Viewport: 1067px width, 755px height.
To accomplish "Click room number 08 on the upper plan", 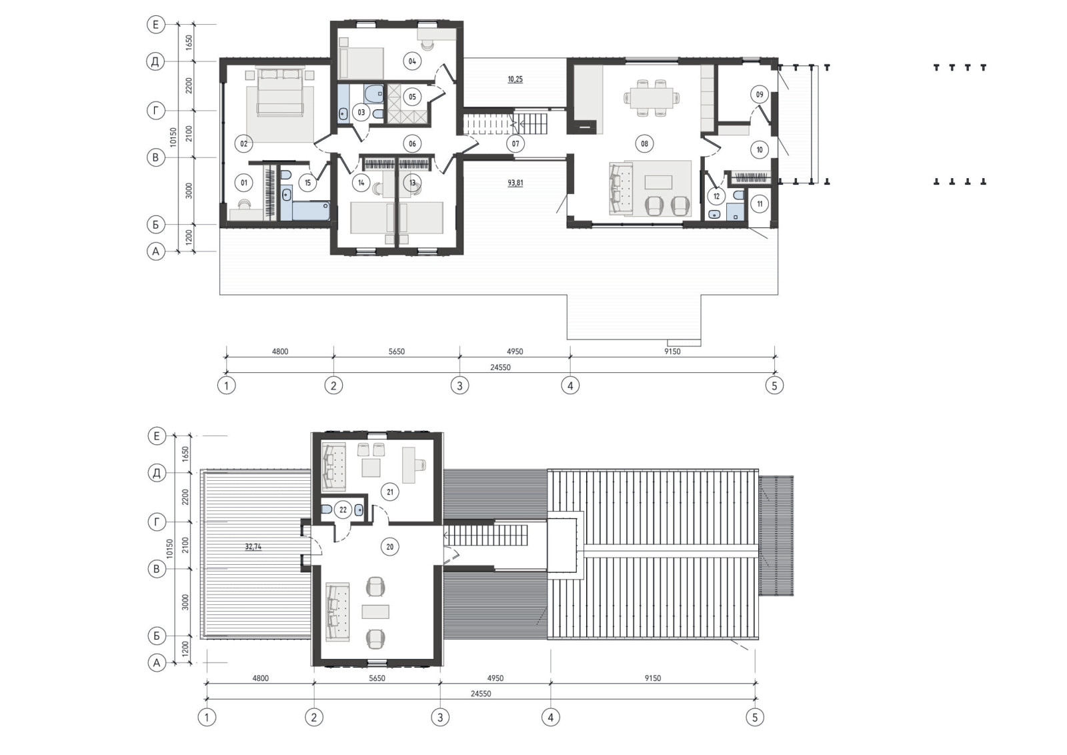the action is tap(644, 143).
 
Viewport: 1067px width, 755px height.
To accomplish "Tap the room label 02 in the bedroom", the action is tap(244, 143).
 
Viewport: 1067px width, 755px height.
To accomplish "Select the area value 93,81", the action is tap(515, 183).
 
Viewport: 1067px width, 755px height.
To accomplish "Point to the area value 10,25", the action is tap(515, 79).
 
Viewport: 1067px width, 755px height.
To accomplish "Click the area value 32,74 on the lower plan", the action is tap(253, 547).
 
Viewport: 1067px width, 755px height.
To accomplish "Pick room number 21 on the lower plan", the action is tap(390, 492).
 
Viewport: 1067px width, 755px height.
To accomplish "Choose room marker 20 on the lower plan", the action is tap(390, 547).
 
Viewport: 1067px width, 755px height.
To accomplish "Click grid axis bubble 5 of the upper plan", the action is tap(774, 386).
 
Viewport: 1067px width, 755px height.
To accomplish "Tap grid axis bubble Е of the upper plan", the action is tap(156, 24).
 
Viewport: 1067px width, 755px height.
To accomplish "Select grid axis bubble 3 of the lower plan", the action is tap(440, 717).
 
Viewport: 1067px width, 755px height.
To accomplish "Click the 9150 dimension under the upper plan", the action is tap(672, 351).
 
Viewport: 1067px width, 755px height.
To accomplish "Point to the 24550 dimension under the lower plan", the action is tap(481, 694).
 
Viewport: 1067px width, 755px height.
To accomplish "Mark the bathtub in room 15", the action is tap(311, 211).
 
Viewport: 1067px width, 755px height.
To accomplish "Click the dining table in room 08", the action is tap(651, 97).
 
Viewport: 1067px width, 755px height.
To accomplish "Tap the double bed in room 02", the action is tap(280, 91).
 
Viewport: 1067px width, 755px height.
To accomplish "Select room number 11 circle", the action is tap(760, 204).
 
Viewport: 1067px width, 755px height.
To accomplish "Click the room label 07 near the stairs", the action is tap(515, 143).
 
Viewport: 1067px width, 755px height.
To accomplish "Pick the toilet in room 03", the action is tap(373, 93).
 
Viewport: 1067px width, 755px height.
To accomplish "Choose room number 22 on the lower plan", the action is tap(343, 510).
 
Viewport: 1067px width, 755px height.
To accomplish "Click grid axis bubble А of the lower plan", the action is tap(157, 662).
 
